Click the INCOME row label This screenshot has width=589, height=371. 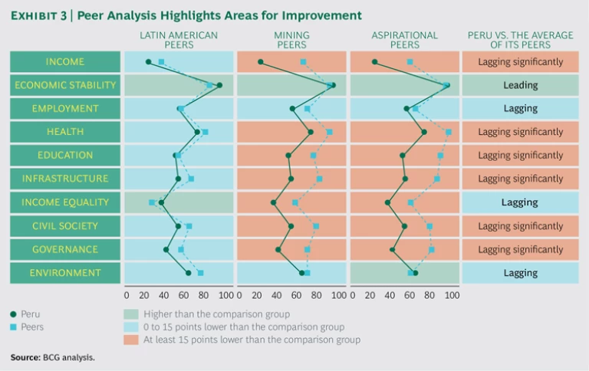[65, 62]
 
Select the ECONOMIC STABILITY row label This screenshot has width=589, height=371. [65, 85]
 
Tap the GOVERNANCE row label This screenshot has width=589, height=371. [65, 249]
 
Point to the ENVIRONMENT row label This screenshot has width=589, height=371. [65, 273]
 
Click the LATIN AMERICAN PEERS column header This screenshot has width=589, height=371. [179, 40]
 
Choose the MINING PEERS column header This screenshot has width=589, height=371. [291, 40]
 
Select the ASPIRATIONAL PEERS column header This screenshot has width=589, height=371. [404, 40]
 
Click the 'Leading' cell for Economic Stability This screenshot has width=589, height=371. [521, 85]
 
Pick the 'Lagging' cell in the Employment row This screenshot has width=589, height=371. [521, 109]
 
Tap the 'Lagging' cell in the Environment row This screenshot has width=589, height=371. [521, 273]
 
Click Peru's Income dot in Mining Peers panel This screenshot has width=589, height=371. [261, 62]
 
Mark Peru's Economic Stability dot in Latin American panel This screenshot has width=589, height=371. [219, 85]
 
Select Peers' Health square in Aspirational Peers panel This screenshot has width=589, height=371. [449, 132]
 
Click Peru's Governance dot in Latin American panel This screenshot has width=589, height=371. [166, 249]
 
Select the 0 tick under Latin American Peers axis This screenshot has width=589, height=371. [127, 294]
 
